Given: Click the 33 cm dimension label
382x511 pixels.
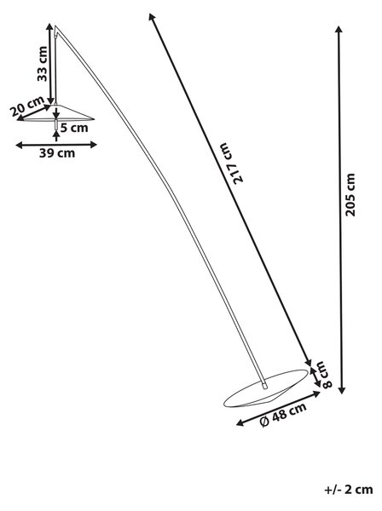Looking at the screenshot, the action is [x=43, y=64].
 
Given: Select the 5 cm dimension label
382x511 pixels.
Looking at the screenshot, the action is [x=74, y=128].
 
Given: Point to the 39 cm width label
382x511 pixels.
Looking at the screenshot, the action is [x=57, y=152].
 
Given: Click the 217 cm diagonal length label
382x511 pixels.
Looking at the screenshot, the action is [x=234, y=164].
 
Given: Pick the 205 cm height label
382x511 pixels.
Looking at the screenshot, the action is [x=350, y=195].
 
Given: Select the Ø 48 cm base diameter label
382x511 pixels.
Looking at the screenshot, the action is [x=283, y=415].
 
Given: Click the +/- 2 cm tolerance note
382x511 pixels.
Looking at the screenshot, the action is [x=349, y=498].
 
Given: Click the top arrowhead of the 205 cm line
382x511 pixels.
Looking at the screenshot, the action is [x=339, y=29].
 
